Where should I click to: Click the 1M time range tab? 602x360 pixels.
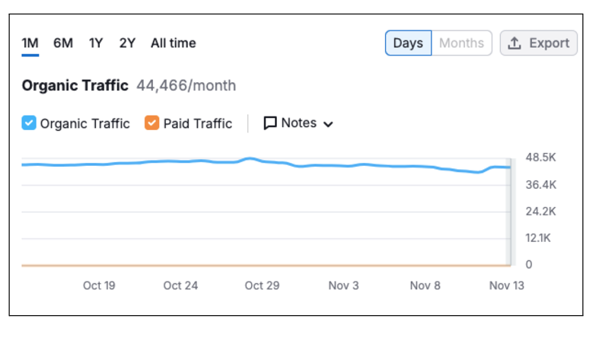click(30, 43)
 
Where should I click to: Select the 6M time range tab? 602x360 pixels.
click(63, 43)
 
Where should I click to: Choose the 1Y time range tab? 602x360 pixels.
click(96, 43)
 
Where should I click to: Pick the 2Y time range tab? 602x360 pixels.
click(127, 43)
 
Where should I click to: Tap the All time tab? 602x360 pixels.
click(173, 43)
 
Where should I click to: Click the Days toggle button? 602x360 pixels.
click(408, 43)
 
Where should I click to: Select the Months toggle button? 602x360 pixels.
click(461, 43)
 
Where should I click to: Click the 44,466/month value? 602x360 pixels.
click(186, 85)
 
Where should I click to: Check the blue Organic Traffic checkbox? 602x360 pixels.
click(29, 123)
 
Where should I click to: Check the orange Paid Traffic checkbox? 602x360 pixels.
click(152, 123)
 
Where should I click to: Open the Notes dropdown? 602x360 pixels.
click(298, 123)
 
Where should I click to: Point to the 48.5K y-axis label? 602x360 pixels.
click(541, 158)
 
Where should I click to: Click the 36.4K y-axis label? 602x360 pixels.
click(541, 184)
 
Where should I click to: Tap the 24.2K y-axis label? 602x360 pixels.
click(541, 211)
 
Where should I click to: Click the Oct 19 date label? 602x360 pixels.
click(99, 285)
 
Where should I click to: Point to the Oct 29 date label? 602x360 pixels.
click(262, 285)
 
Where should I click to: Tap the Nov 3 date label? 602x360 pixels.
click(343, 285)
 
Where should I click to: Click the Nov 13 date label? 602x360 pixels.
click(506, 285)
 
